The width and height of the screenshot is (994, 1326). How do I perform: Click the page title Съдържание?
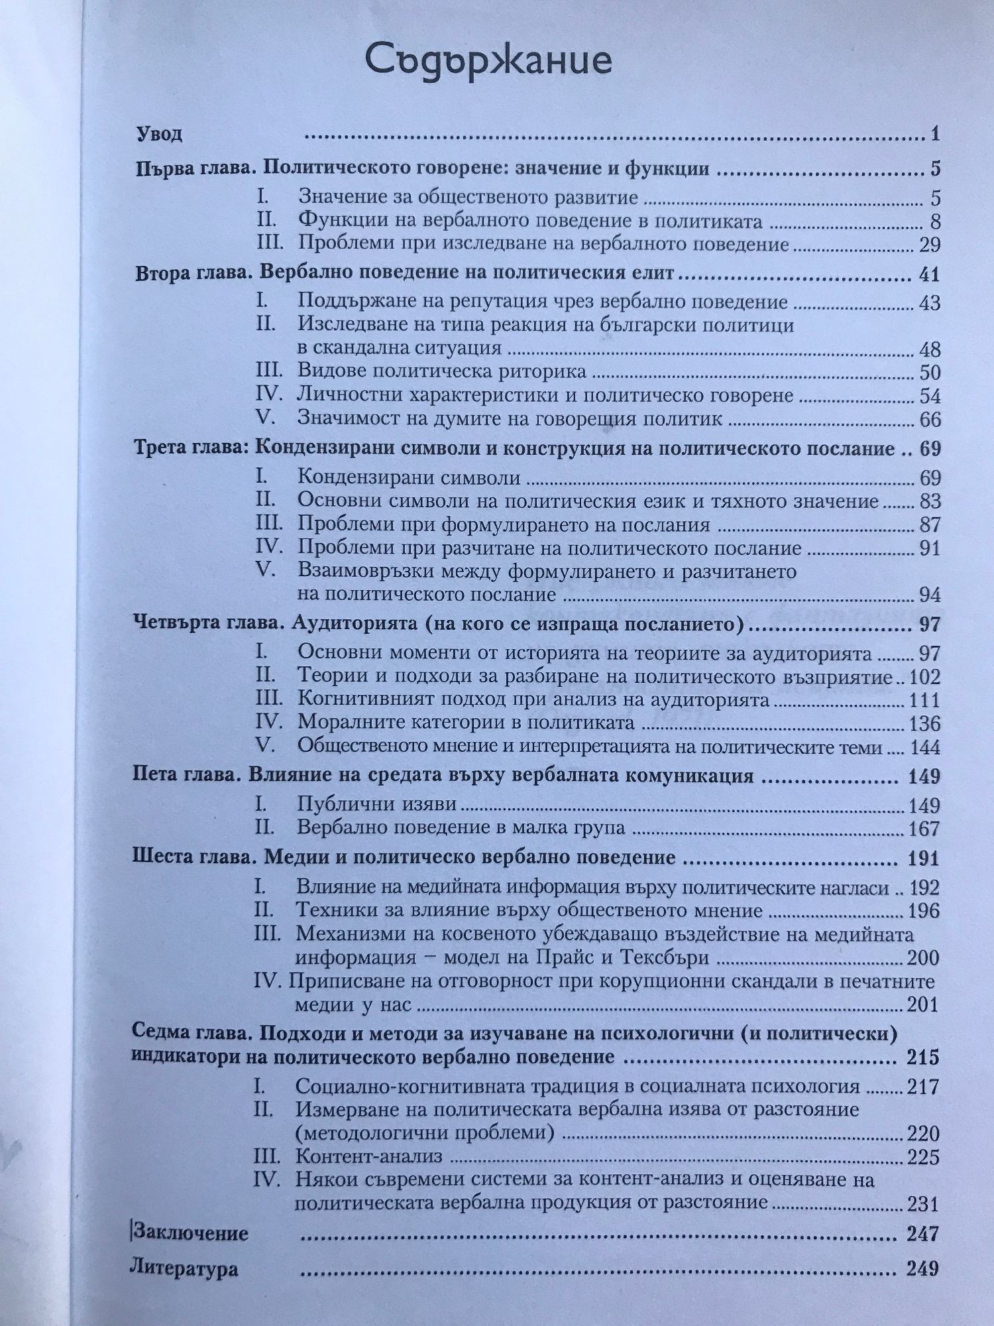point(488,62)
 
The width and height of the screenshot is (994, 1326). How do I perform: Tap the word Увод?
point(159,135)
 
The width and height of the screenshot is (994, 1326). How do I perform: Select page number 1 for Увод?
point(935,135)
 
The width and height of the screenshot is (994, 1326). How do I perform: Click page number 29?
point(930,245)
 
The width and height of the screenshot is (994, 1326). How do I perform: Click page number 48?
point(930,349)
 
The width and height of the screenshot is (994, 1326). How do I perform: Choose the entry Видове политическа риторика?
point(442,372)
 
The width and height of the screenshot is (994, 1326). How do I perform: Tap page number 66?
point(930,419)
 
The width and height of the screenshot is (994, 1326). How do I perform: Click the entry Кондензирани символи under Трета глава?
point(409,477)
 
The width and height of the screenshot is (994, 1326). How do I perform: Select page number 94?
point(930,594)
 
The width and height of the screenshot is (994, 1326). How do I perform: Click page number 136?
point(925,723)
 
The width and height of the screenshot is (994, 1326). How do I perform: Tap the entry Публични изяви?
point(377,805)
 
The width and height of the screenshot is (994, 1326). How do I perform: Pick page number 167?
point(925,829)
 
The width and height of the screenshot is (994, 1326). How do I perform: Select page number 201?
point(924,1004)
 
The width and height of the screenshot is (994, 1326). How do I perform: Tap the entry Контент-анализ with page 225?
point(369,1157)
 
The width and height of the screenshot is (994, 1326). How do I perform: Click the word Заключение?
point(190,1233)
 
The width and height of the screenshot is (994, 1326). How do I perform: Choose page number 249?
point(922,1268)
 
